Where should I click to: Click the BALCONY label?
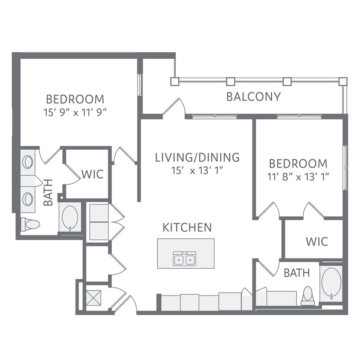[253, 96]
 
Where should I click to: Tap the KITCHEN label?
[187, 227]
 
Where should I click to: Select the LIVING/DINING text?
[197, 157]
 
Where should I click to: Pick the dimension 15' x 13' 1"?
[197, 171]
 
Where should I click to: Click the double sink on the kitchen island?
[185, 258]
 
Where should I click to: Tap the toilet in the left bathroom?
[31, 224]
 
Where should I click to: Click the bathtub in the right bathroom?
[331, 282]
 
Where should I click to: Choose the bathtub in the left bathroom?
[70, 217]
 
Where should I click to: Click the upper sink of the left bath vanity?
[28, 162]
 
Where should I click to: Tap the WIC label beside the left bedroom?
[92, 174]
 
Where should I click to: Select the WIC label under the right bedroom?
[317, 241]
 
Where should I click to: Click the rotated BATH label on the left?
[48, 192]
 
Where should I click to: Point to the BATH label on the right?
[296, 273]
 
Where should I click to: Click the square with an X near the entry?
[94, 297]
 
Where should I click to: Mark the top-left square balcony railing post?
[174, 81]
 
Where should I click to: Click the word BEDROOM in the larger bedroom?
[75, 99]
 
